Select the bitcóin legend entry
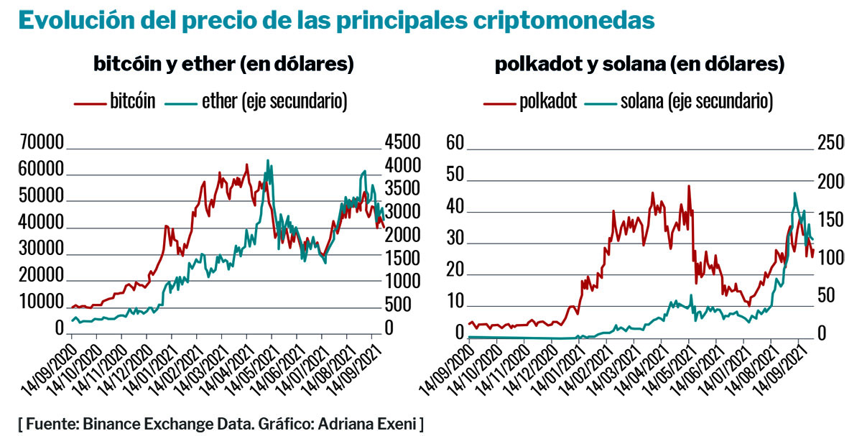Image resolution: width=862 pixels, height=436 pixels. click(115, 101)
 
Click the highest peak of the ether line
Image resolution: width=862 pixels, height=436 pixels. click(268, 160)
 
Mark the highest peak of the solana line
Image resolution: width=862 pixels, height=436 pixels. click(794, 193)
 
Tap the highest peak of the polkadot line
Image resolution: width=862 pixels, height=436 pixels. click(689, 186)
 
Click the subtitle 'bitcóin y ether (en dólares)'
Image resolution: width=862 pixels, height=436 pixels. click(223, 65)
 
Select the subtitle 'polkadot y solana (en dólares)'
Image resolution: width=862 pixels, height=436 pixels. click(639, 65)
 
